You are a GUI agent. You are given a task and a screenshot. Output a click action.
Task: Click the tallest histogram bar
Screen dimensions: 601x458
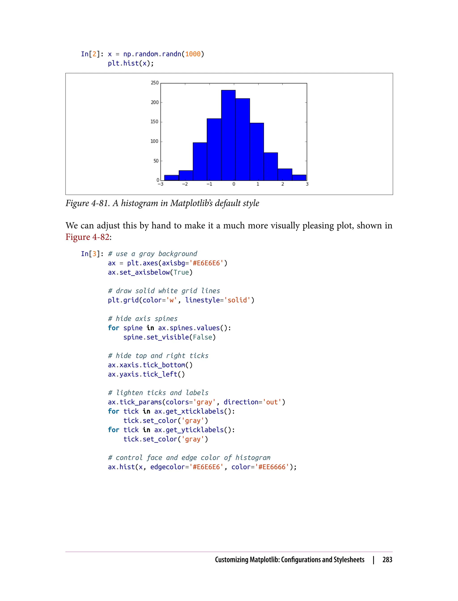click(228, 135)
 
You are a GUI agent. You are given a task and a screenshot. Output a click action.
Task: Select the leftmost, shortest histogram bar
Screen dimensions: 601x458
click(172, 178)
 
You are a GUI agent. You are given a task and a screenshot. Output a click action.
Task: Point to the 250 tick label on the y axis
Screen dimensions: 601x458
click(155, 83)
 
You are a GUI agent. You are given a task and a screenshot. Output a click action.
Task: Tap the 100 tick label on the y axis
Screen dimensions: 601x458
click(154, 141)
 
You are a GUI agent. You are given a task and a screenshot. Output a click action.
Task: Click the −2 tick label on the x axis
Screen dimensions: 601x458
click(185, 184)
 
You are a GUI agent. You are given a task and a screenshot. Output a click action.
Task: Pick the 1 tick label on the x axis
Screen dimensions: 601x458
click(258, 184)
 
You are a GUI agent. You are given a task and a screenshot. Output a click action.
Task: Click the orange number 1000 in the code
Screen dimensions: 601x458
click(193, 54)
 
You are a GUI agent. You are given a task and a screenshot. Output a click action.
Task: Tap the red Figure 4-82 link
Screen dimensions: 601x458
click(87, 237)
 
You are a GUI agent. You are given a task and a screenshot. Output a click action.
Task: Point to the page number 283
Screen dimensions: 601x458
click(387, 560)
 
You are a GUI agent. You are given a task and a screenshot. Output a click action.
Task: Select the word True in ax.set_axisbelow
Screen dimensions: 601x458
click(181, 272)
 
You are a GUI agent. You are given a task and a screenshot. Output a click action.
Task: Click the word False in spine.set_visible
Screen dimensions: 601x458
click(203, 337)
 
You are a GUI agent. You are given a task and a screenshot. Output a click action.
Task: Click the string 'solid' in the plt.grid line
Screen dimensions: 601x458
click(237, 300)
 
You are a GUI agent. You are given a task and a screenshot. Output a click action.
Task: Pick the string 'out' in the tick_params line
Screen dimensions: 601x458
click(272, 402)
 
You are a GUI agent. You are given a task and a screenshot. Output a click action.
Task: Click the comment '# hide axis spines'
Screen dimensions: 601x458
click(143, 319)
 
